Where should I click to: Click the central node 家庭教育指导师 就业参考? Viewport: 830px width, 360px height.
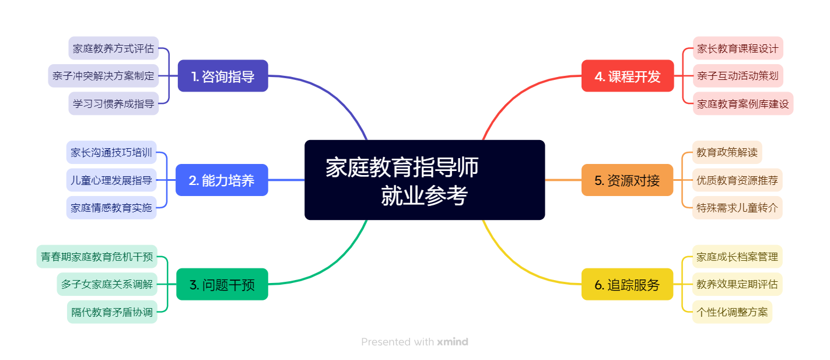(x=425, y=180)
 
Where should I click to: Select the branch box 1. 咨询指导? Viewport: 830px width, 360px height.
(x=223, y=76)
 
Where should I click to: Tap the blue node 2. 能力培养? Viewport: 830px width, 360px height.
(x=222, y=180)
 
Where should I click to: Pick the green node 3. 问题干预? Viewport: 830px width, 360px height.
(x=222, y=284)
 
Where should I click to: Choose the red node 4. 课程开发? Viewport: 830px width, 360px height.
(x=628, y=76)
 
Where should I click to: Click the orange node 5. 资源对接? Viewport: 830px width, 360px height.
(x=628, y=180)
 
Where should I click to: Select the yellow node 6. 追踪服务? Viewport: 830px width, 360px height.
(x=628, y=284)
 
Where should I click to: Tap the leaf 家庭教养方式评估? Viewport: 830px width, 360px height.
(x=113, y=48)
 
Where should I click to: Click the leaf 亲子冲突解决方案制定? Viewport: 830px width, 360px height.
(x=103, y=76)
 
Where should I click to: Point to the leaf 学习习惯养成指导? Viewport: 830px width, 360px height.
(x=113, y=103)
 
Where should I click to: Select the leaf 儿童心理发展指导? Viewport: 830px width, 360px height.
(x=111, y=180)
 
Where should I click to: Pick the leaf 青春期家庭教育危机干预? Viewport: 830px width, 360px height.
(x=97, y=256)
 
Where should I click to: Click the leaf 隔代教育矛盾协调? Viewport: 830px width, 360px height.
(x=112, y=312)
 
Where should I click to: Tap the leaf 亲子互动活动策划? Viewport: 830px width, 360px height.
(x=738, y=76)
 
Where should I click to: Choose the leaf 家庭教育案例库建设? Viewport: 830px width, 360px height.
(x=743, y=103)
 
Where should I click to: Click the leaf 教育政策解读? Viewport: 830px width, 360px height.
(x=727, y=152)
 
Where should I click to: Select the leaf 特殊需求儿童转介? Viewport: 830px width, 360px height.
(x=737, y=208)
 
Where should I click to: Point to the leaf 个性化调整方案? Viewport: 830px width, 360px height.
(x=732, y=312)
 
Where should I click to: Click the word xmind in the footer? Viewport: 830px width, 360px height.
(x=453, y=341)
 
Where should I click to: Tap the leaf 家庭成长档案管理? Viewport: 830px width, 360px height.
(x=737, y=256)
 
